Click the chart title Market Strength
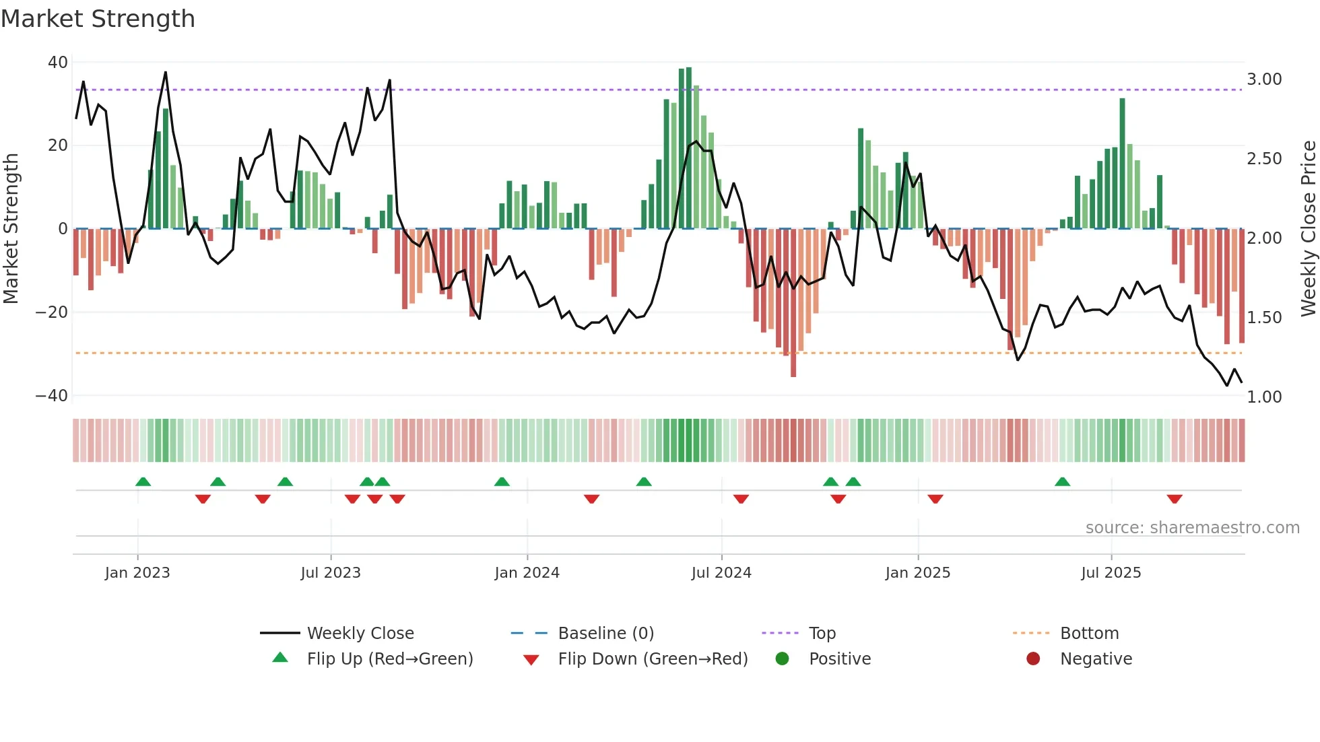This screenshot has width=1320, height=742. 98,19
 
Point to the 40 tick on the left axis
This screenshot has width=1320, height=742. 57,63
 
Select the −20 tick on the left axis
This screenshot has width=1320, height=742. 52,312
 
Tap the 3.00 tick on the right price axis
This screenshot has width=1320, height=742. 1264,79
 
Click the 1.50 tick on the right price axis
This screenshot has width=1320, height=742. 1264,318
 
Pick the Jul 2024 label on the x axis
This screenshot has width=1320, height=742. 721,573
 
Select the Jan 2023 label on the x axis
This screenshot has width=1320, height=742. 137,573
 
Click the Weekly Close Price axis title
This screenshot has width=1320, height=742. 1308,229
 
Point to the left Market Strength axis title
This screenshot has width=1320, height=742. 11,229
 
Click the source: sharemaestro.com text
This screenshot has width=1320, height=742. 1192,528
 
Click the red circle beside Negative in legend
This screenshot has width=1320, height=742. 1033,659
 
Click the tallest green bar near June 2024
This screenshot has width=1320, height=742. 688,148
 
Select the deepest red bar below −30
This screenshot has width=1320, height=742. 793,303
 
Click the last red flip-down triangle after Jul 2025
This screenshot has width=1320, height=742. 1175,499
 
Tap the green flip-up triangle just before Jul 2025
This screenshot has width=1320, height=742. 1062,481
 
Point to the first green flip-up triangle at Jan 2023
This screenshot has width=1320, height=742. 143,481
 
